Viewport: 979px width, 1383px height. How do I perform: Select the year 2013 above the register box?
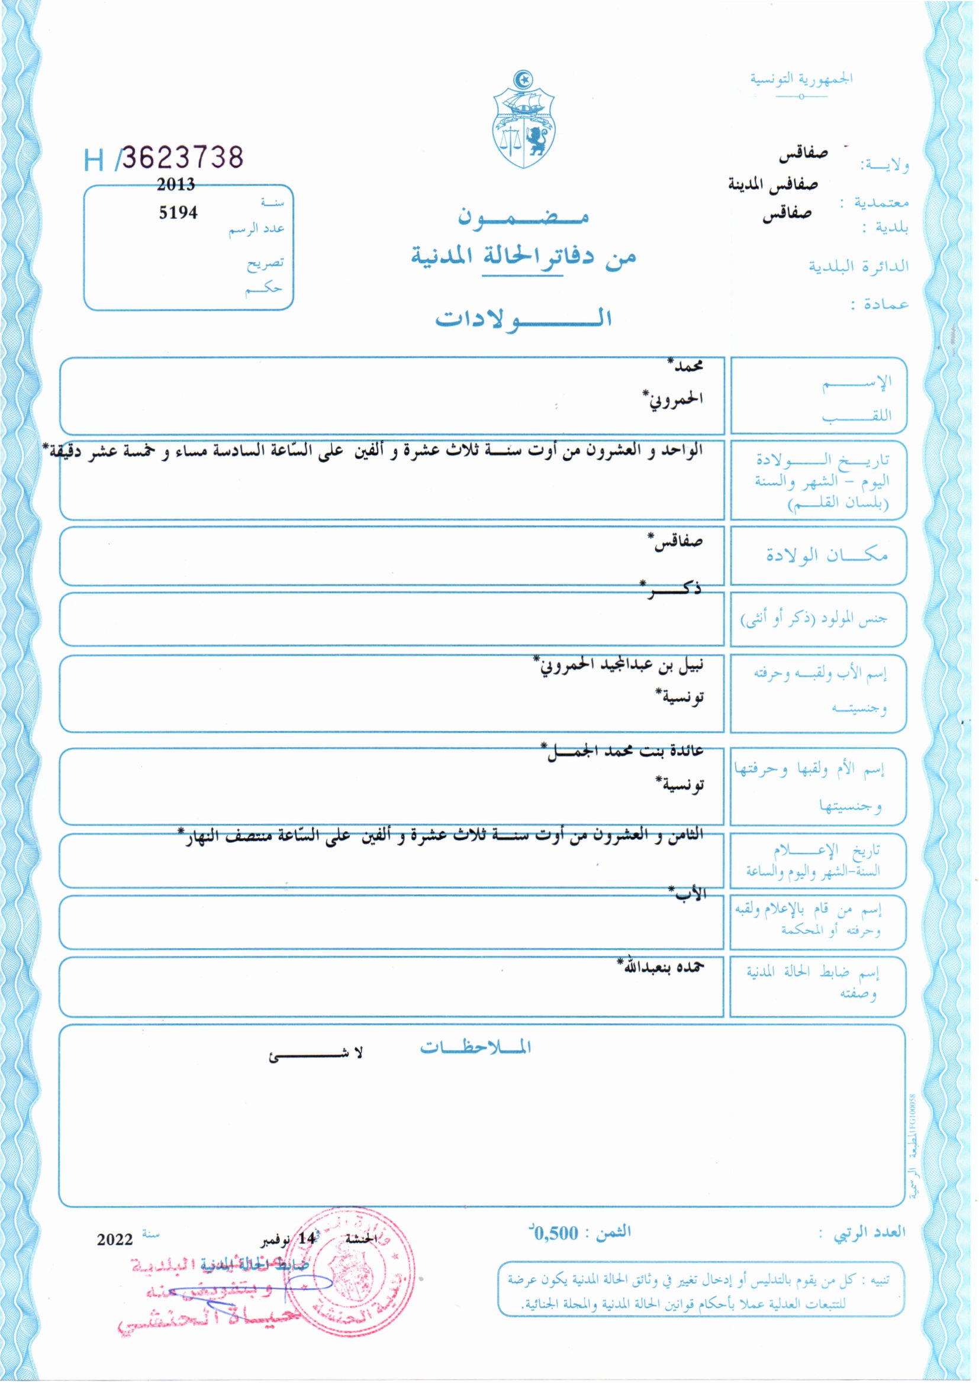[176, 185]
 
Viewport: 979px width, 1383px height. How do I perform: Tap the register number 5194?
[178, 212]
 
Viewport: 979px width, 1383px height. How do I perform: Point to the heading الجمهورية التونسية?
[801, 79]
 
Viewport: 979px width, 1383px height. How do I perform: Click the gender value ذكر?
[671, 589]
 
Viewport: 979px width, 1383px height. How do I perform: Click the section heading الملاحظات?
[475, 1048]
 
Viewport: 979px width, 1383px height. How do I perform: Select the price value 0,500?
[555, 1232]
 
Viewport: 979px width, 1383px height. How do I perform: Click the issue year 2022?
[115, 1239]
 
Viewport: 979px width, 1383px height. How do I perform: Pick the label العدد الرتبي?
[869, 1232]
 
